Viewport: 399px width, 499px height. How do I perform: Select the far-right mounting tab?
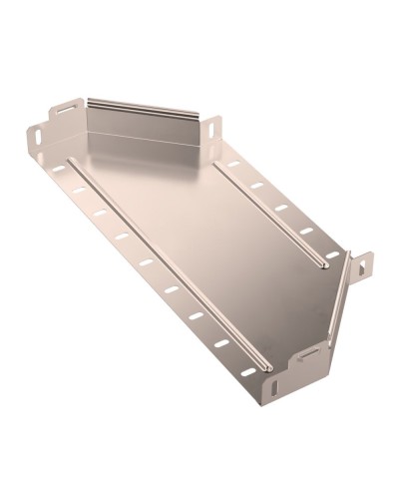(x=361, y=264)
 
